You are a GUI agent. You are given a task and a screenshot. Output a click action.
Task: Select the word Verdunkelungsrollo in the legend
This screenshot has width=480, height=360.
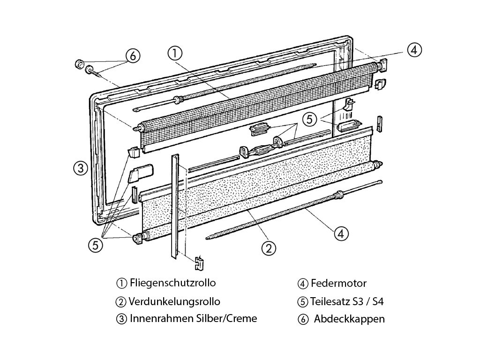tap(174, 301)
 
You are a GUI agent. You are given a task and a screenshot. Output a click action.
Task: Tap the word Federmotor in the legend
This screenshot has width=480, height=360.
tap(338, 283)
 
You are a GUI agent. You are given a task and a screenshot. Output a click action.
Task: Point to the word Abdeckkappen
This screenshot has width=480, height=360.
tap(349, 319)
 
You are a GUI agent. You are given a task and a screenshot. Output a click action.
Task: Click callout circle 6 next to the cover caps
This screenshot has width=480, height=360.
tap(133, 56)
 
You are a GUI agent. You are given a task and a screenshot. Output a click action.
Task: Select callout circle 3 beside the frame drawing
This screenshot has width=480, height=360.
tap(81, 168)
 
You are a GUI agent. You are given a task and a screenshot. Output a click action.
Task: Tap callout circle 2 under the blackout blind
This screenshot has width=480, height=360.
tap(268, 248)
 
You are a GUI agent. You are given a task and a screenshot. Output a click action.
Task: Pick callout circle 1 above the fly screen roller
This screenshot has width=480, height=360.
tap(174, 53)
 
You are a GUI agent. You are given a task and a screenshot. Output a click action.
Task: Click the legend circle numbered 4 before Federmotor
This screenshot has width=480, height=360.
tap(302, 284)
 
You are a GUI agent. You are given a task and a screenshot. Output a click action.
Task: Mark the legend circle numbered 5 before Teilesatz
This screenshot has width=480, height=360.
tap(302, 301)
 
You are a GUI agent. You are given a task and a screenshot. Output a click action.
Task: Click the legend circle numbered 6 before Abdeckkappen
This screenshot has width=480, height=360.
tap(302, 319)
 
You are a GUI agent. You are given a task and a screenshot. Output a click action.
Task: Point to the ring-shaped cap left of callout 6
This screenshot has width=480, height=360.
tap(80, 63)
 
